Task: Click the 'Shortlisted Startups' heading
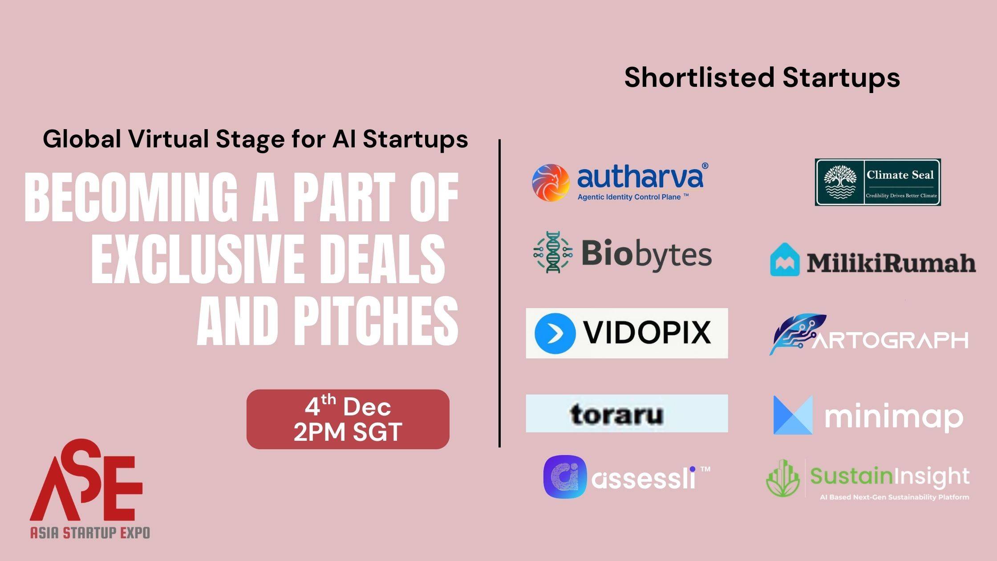pos(762,77)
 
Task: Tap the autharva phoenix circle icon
pos(551,183)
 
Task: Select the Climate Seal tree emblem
pos(840,182)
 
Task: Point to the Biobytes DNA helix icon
pos(553,252)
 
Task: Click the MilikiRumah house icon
pos(785,260)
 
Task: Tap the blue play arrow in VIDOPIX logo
pos(555,333)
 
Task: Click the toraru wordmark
pos(617,414)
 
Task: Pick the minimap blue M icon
pos(793,415)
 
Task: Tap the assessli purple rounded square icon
pos(565,476)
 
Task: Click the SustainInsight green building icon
pos(783,479)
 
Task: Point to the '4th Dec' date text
pos(348,406)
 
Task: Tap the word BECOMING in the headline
pos(131,197)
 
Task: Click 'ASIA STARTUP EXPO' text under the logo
pos(90,533)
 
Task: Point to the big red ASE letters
pos(87,483)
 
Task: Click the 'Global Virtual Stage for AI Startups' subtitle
pos(255,139)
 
